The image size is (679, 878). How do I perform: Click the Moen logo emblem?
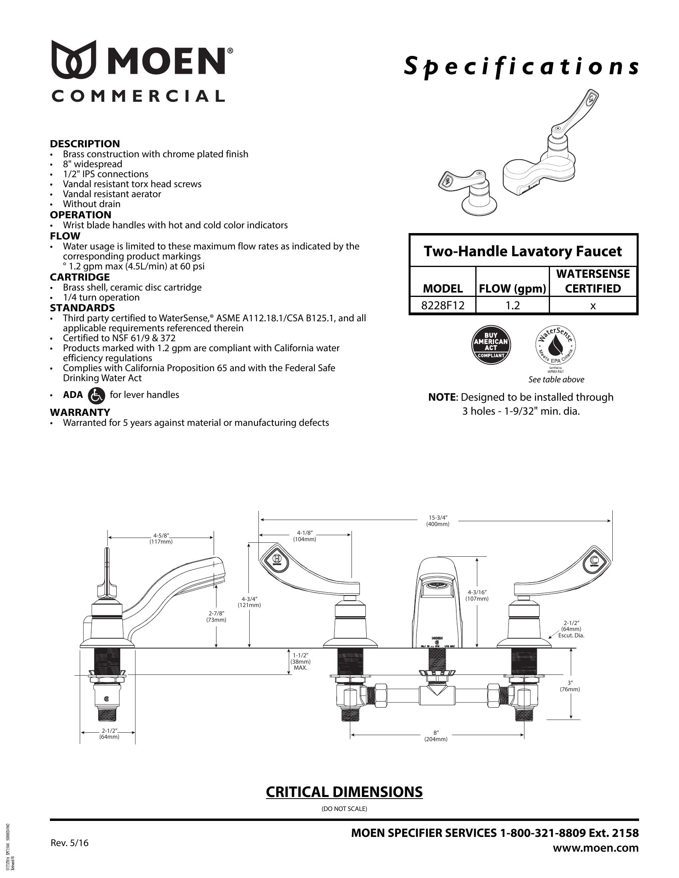tap(76, 59)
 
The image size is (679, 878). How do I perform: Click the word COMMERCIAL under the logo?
tap(137, 96)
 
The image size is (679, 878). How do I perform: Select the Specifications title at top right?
tap(521, 67)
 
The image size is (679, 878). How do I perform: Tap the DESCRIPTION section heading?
tap(85, 144)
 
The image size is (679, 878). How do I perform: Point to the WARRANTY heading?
tap(79, 413)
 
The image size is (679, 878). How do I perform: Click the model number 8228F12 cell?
tap(443, 306)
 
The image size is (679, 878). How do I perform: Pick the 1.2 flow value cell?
tap(512, 306)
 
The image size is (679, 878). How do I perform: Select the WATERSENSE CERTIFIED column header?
tap(593, 281)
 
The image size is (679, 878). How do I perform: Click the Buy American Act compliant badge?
tap(491, 345)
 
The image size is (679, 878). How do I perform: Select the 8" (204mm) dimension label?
tap(436, 736)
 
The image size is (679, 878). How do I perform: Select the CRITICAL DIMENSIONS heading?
tap(344, 791)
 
